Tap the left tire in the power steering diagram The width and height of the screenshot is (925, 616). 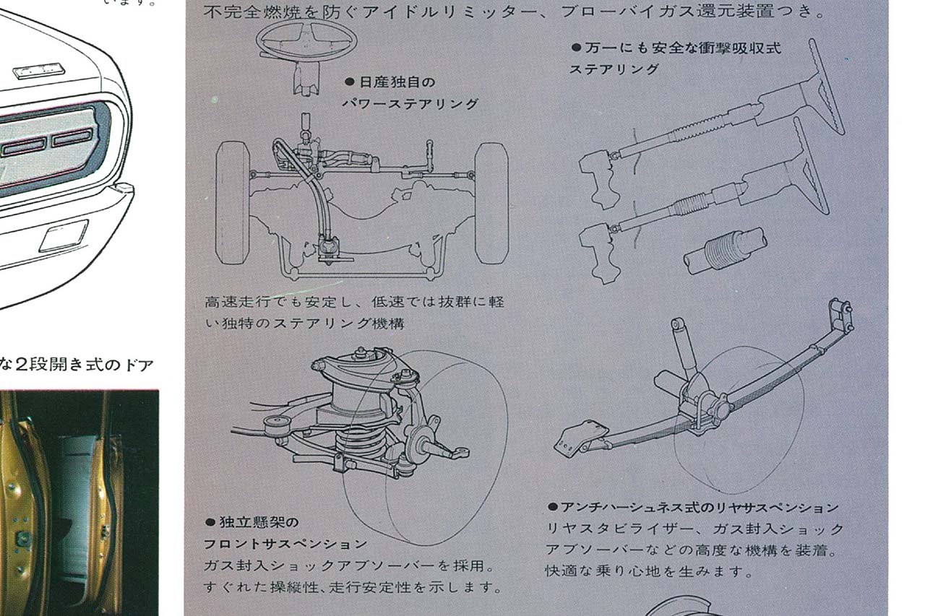click(233, 202)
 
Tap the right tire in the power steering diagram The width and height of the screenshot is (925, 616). click(491, 202)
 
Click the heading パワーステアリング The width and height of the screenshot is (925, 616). click(410, 104)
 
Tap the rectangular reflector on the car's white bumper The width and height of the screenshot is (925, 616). click(64, 235)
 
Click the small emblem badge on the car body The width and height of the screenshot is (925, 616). click(39, 71)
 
